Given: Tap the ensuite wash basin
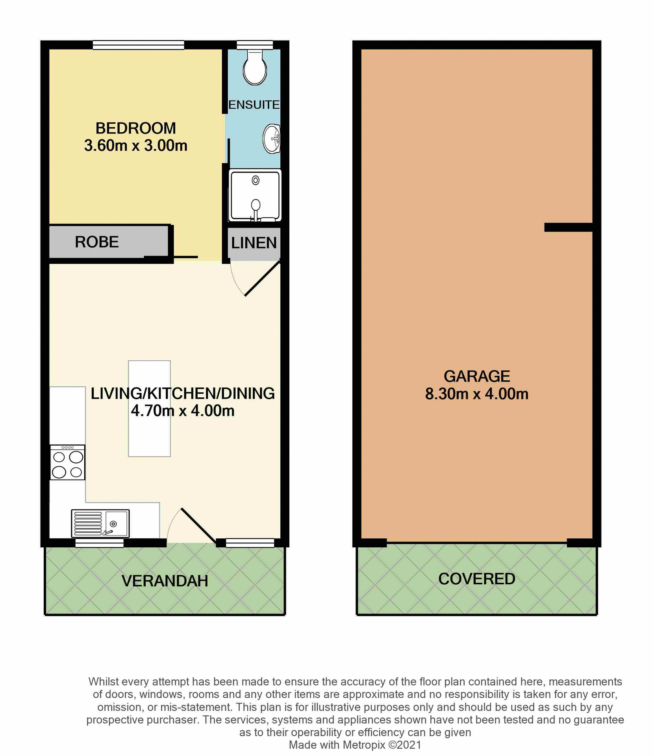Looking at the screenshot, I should click(x=272, y=139).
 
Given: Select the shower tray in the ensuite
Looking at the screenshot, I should click(x=255, y=195).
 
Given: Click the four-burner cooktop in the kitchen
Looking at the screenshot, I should click(x=67, y=462).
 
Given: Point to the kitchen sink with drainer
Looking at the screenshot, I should click(x=100, y=523).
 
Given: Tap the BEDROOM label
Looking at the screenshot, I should click(x=135, y=128).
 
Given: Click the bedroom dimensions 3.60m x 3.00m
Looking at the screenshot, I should click(x=135, y=146).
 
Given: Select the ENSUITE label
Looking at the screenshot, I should click(x=254, y=105).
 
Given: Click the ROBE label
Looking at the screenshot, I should click(x=97, y=242).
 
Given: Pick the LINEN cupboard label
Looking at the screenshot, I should click(x=254, y=243).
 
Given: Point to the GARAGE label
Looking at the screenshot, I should click(x=476, y=376).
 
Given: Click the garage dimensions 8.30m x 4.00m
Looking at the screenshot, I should click(x=476, y=394).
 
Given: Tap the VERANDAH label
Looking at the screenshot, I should click(x=165, y=581).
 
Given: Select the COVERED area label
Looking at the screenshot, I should click(x=476, y=579).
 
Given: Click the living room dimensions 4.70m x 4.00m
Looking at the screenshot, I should click(x=183, y=411).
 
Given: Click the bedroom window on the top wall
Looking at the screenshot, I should click(x=138, y=45).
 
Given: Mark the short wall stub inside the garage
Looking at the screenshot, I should click(x=568, y=227).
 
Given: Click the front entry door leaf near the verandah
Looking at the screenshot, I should click(x=198, y=526).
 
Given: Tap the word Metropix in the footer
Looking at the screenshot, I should click(x=364, y=745).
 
